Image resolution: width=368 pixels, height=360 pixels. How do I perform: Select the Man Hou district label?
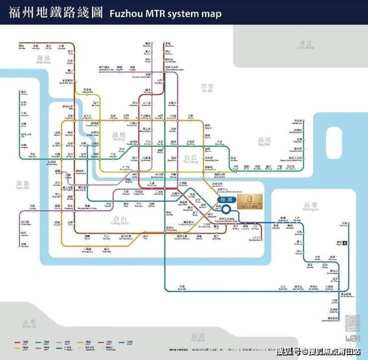tap(44, 60)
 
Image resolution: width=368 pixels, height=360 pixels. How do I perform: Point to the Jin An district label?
tap(206, 88)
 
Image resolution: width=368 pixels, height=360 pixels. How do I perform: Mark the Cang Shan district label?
tap(119, 221)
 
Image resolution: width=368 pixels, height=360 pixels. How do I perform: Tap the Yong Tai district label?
tap(29, 323)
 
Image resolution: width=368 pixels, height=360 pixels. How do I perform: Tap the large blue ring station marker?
tap(228, 210)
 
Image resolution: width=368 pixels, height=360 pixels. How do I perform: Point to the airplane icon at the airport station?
tap(345, 243)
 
